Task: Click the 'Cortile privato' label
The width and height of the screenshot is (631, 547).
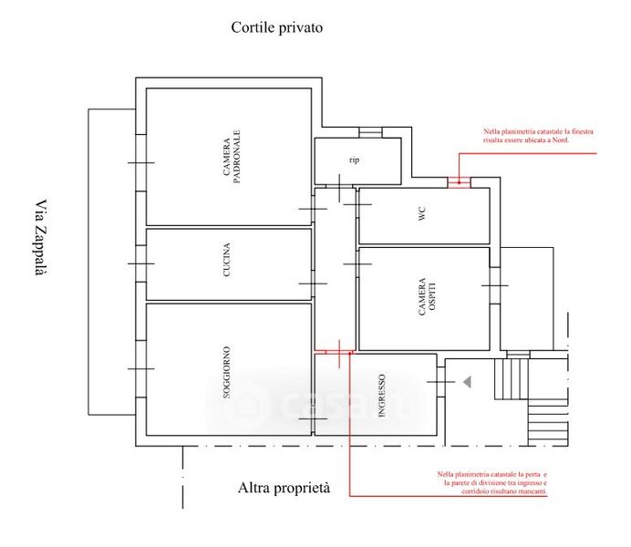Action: tap(276, 27)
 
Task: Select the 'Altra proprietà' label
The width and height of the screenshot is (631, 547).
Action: tap(284, 490)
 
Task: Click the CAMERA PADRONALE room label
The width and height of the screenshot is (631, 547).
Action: tap(231, 158)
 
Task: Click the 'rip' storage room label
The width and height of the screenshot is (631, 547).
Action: tap(355, 160)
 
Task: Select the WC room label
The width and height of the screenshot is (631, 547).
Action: tap(422, 215)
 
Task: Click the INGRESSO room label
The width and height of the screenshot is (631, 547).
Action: tap(382, 395)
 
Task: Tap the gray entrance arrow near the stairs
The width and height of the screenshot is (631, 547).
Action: tap(467, 384)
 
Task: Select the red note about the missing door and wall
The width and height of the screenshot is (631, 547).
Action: tap(492, 483)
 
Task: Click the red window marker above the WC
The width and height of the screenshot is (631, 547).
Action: tap(458, 181)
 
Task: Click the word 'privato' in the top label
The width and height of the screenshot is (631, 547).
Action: tap(302, 27)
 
